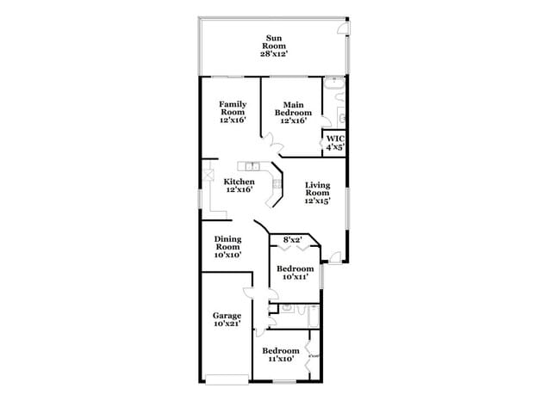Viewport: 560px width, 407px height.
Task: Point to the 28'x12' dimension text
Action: tap(274, 53)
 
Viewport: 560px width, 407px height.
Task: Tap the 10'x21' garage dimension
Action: tap(227, 324)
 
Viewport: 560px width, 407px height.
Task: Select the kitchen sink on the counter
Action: tap(252, 164)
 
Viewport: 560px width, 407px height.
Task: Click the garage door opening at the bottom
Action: tap(227, 379)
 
